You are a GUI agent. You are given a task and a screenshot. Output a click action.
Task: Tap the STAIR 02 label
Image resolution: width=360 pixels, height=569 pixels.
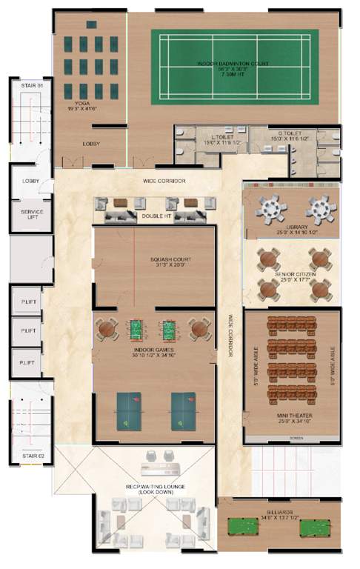pos(30,454)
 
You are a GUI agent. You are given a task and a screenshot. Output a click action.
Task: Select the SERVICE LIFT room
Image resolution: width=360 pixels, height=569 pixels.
pos(31,216)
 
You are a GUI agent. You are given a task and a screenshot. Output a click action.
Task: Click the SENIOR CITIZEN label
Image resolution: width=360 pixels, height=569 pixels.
pos(291,276)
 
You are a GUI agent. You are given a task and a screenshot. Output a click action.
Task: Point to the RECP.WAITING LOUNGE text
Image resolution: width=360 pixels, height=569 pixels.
pos(154,488)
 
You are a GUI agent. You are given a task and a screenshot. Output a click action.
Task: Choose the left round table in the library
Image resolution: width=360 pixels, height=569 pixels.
pos(272,209)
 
